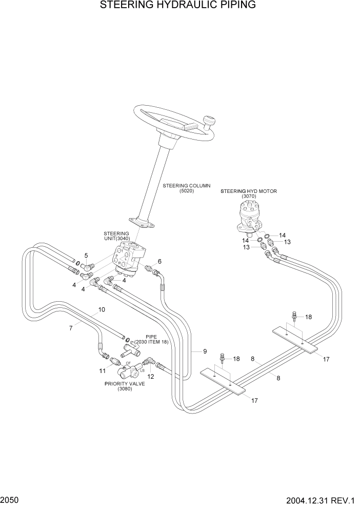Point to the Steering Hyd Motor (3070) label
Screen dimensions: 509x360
pyautogui.click(x=249, y=193)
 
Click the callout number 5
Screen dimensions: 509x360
pyautogui.click(x=86, y=255)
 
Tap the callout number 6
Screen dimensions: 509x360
pyautogui.click(x=159, y=261)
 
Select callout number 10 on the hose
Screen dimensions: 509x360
pyautogui.click(x=102, y=309)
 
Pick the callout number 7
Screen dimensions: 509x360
pyautogui.click(x=71, y=328)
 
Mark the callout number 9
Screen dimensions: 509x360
pyautogui.click(x=205, y=351)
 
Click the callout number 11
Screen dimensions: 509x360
pyautogui.click(x=103, y=370)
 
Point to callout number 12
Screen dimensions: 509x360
pyautogui.click(x=151, y=377)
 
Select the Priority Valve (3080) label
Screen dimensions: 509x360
pyautogui.click(x=125, y=386)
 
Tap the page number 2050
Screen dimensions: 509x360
pyautogui.click(x=10, y=499)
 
